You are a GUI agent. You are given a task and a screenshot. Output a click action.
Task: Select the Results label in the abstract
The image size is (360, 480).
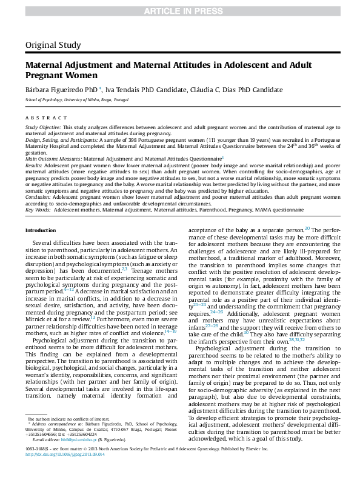click(x=34, y=164)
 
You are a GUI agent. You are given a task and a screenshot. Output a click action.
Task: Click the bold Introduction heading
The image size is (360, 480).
click(x=40, y=230)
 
